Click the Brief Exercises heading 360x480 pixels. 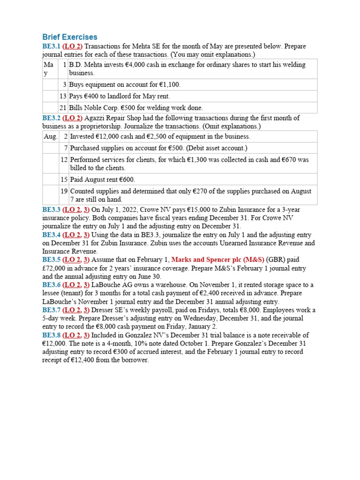[70, 37]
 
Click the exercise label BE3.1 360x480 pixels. [51, 46]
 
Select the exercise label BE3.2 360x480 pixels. [51, 118]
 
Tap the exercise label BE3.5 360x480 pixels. [51, 260]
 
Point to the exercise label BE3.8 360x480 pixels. [51, 335]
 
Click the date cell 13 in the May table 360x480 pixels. [63, 97]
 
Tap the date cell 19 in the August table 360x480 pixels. [64, 191]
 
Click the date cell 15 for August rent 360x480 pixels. [64, 180]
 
